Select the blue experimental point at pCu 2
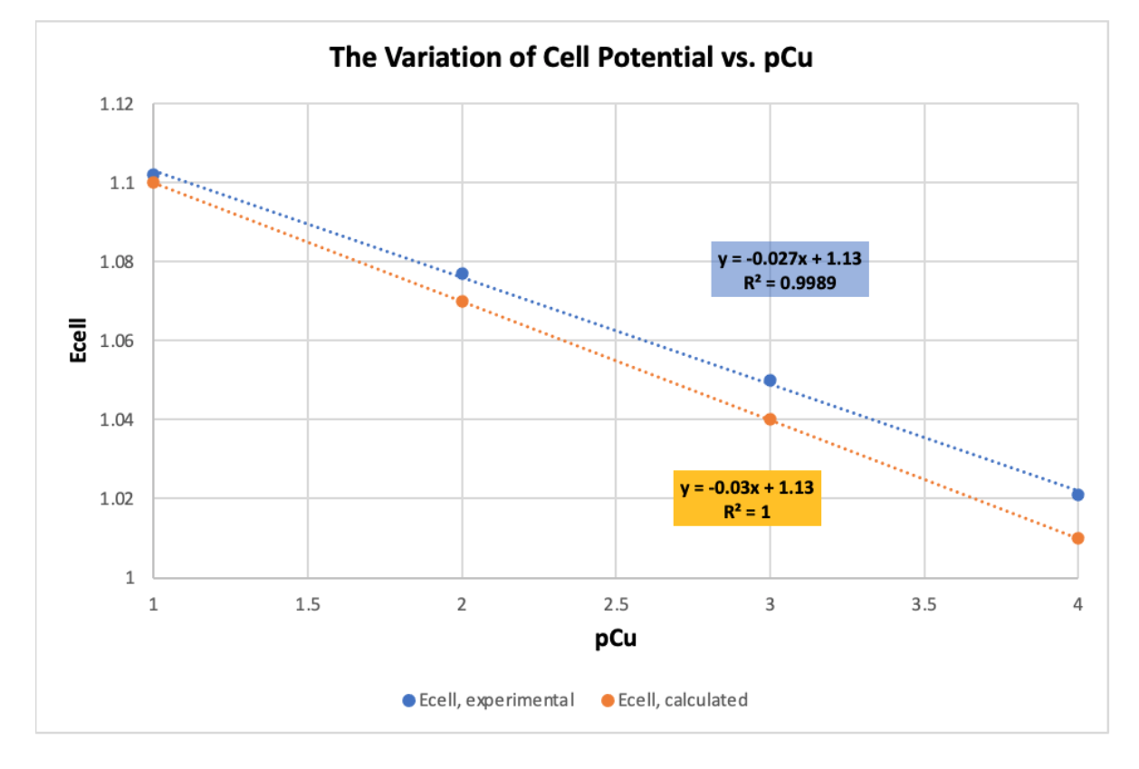tap(462, 274)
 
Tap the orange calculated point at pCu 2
tap(462, 301)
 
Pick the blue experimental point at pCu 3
tap(770, 380)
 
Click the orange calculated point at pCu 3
tap(770, 419)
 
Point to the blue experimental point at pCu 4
tap(1077, 495)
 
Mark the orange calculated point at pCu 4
tap(1077, 538)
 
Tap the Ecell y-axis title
tap(79, 341)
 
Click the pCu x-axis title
tap(616, 639)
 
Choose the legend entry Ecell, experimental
tap(489, 699)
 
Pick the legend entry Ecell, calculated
tap(675, 699)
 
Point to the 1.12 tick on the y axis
tap(118, 104)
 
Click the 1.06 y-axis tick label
tap(118, 341)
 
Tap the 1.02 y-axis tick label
tap(118, 498)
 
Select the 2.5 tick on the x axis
tap(616, 604)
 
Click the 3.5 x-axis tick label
tap(924, 604)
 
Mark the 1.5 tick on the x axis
tap(308, 604)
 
